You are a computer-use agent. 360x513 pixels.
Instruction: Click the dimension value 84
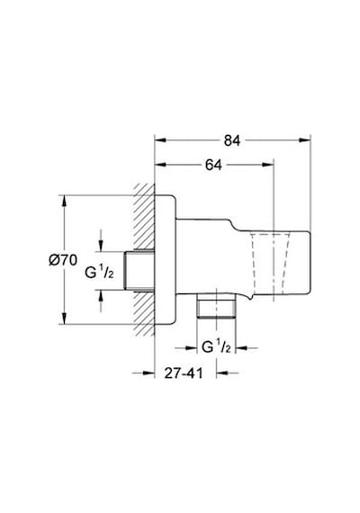pyautogui.click(x=232, y=140)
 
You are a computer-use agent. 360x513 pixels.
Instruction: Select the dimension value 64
pyautogui.click(x=213, y=166)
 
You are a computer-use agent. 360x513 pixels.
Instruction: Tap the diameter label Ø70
pyautogui.click(x=63, y=260)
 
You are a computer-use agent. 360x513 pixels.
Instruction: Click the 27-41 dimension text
pyautogui.click(x=184, y=373)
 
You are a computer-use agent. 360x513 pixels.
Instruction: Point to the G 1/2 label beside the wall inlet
pyautogui.click(x=99, y=272)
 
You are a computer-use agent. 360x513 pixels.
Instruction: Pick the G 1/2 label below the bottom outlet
pyautogui.click(x=216, y=346)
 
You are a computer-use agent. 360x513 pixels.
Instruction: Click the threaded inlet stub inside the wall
pyautogui.click(x=139, y=271)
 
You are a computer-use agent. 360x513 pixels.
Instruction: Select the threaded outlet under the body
pyautogui.click(x=216, y=306)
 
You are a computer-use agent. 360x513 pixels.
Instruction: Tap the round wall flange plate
pyautogui.click(x=165, y=260)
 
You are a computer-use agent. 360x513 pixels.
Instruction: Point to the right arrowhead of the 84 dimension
pyautogui.click(x=305, y=140)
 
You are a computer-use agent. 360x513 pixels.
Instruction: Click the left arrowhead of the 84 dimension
pyautogui.click(x=160, y=140)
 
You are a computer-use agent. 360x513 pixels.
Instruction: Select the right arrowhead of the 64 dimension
pyautogui.click(x=267, y=165)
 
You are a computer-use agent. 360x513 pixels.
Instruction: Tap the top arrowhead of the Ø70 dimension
pyautogui.click(x=65, y=201)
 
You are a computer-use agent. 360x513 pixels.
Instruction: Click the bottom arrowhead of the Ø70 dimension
pyautogui.click(x=65, y=319)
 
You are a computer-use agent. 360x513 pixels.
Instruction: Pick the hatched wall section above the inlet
pyautogui.click(x=144, y=217)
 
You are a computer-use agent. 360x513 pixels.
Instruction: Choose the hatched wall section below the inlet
pyautogui.click(x=144, y=313)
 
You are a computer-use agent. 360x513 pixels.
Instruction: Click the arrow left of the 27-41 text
pyautogui.click(x=143, y=373)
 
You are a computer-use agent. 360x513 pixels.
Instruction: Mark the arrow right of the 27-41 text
pyautogui.click(x=228, y=373)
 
